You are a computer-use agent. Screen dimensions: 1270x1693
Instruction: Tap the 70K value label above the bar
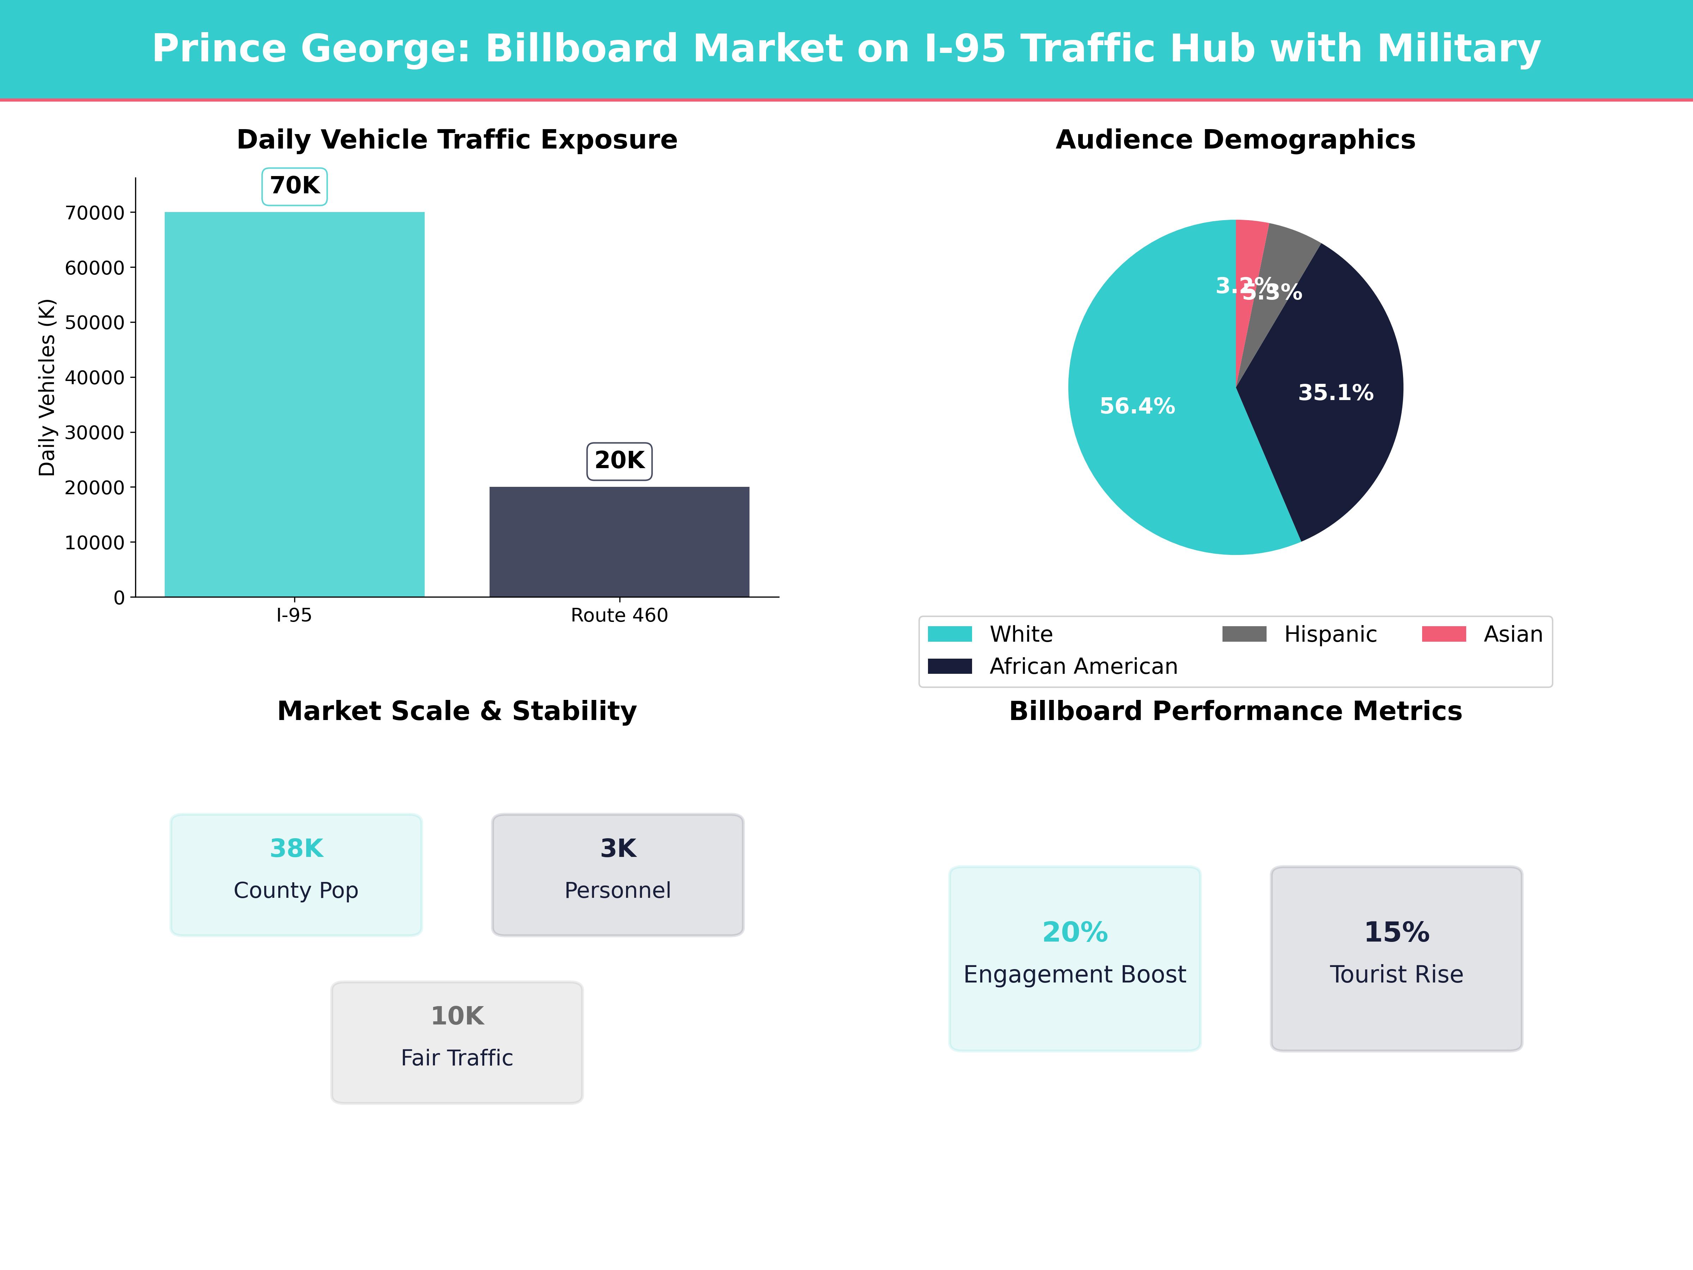point(295,186)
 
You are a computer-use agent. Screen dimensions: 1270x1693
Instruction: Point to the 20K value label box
point(619,461)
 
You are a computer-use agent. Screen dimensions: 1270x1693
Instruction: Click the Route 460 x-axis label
point(619,616)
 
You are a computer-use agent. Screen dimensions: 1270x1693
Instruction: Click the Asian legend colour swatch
point(1444,634)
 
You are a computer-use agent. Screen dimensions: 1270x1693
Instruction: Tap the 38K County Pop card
point(296,874)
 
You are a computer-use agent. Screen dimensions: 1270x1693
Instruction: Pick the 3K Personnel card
point(618,874)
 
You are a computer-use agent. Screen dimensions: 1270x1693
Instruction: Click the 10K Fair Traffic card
point(457,1042)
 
